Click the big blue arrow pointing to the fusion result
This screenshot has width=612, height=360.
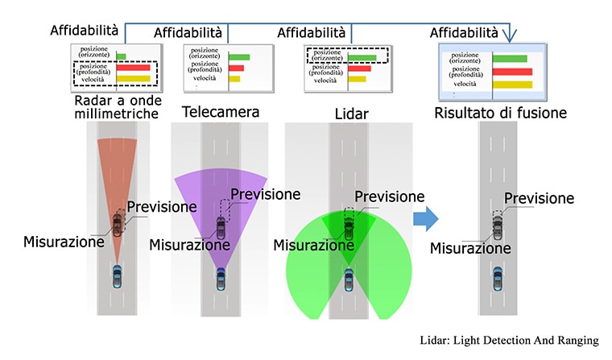426,218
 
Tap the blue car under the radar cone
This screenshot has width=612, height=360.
117,276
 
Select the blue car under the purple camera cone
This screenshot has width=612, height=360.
221,279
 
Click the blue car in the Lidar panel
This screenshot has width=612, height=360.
349,280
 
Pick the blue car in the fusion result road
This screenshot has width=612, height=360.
498,279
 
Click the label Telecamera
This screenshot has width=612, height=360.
221,112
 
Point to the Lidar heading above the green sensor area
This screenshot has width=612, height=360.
351,114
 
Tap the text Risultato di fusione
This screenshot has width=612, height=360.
500,113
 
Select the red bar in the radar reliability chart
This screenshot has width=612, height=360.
133,68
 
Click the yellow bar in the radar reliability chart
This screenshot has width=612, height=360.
133,79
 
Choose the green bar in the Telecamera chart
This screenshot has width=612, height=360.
239,57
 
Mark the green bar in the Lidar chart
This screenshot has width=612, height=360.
362,58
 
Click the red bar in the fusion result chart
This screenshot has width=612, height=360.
512,72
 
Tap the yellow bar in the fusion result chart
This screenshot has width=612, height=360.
512,85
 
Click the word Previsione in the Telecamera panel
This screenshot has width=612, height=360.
266,194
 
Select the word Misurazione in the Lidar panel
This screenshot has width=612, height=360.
314,245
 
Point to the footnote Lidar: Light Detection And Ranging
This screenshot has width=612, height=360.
509,340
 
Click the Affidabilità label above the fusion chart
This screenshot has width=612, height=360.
464,33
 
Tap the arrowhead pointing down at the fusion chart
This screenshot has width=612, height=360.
509,36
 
